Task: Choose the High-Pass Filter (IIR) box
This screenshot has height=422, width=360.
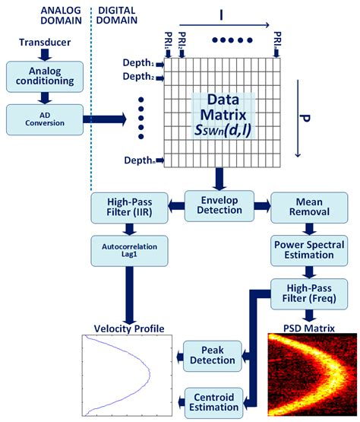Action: pos(122,207)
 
